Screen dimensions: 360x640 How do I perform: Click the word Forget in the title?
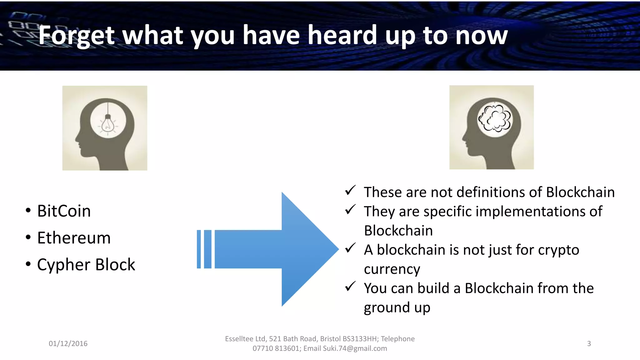coord(77,36)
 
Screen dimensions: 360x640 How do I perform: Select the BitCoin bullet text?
coord(64,211)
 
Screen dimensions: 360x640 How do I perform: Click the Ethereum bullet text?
coord(74,238)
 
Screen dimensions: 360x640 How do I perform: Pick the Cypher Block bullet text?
coord(86,265)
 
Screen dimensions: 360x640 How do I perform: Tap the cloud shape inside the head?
coord(495,118)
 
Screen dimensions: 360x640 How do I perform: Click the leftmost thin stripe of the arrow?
coord(199,249)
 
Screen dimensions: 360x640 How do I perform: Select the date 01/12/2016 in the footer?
coord(68,343)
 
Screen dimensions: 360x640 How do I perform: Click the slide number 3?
coord(589,343)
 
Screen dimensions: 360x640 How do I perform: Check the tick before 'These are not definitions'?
coord(350,190)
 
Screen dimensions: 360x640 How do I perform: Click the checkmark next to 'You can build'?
coord(350,286)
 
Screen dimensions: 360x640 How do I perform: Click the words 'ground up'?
coord(397,308)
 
